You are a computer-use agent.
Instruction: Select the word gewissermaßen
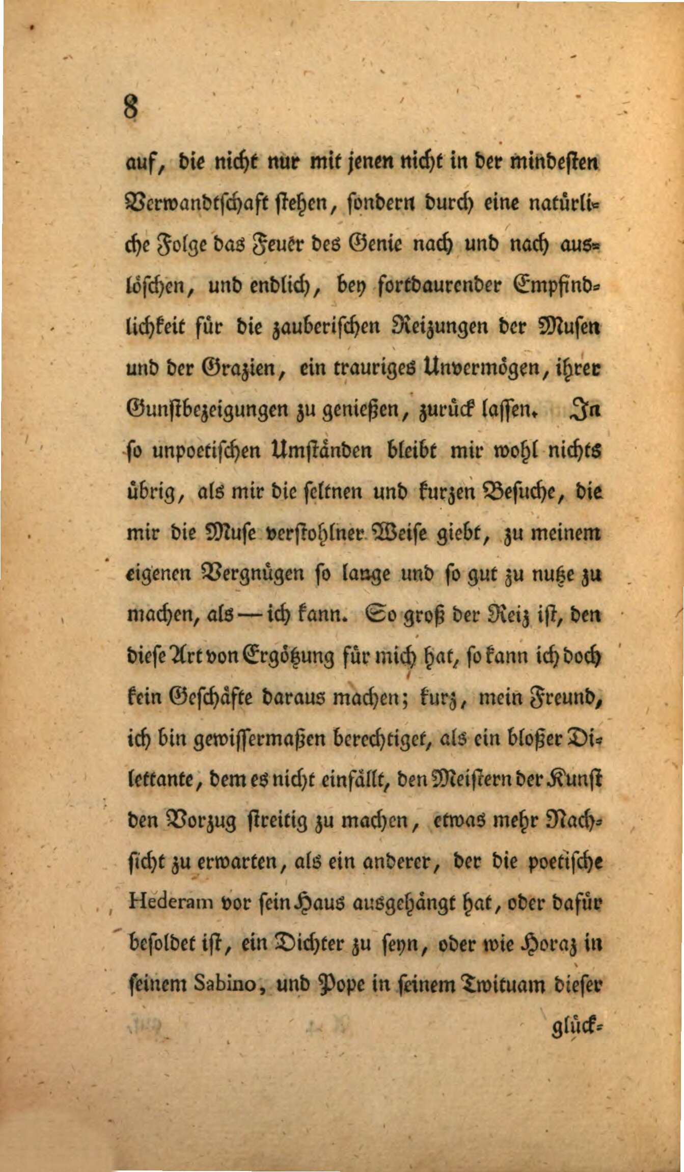coord(261,739)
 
